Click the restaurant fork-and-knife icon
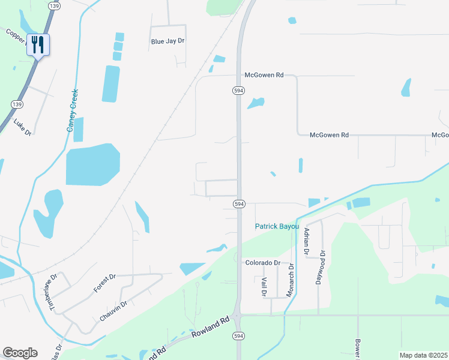click(x=38, y=44)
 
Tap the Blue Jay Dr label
click(x=167, y=41)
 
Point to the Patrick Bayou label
click(x=277, y=226)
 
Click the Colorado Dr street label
click(x=262, y=263)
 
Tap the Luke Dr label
click(x=22, y=127)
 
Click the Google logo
click(x=20, y=353)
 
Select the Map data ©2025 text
click(x=423, y=355)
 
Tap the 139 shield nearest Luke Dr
click(x=13, y=104)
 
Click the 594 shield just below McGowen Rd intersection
click(x=238, y=90)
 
